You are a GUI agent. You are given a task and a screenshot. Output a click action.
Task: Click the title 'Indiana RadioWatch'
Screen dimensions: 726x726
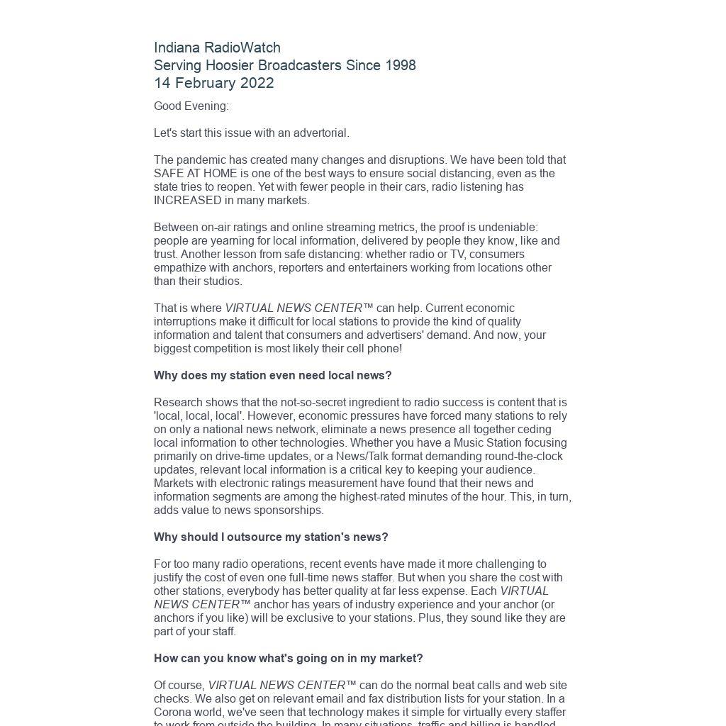point(217,48)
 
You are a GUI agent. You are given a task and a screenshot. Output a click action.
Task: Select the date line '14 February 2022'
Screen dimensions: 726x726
point(213,83)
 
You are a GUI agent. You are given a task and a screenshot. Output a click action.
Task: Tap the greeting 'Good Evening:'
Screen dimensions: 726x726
point(191,106)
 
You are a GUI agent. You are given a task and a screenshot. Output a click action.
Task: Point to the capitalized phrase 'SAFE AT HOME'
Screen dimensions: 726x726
point(186,174)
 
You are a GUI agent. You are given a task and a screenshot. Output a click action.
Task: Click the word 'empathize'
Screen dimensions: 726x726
point(178,268)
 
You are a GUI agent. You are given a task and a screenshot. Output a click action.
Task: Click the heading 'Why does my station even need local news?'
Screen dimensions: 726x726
point(272,376)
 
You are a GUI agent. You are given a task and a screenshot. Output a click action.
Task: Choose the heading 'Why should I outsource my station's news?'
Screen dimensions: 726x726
point(271,537)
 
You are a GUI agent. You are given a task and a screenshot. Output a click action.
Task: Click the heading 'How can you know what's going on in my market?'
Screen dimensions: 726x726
point(288,659)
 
